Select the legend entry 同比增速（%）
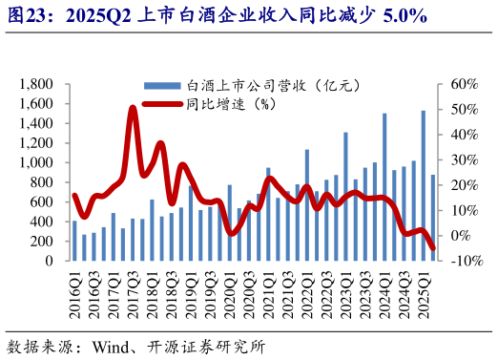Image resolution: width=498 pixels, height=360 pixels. pos(228,104)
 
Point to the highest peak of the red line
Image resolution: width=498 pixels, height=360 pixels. pos(133,108)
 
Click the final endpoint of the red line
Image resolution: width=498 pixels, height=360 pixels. pos(433,248)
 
